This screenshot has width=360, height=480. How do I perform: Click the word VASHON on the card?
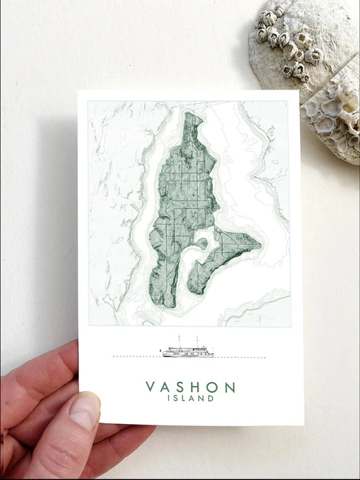click(190, 388)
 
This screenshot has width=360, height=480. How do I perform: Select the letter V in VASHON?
click(150, 388)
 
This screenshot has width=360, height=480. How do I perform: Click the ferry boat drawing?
click(187, 352)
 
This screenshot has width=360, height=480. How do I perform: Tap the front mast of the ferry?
click(179, 341)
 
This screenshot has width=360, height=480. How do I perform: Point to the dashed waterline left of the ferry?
click(135, 356)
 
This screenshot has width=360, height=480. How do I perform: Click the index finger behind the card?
click(41, 368)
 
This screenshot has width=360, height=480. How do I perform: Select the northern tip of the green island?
click(192, 114)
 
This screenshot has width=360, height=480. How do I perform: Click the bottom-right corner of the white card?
click(303, 424)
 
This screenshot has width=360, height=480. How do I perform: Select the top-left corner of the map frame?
click(88, 102)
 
